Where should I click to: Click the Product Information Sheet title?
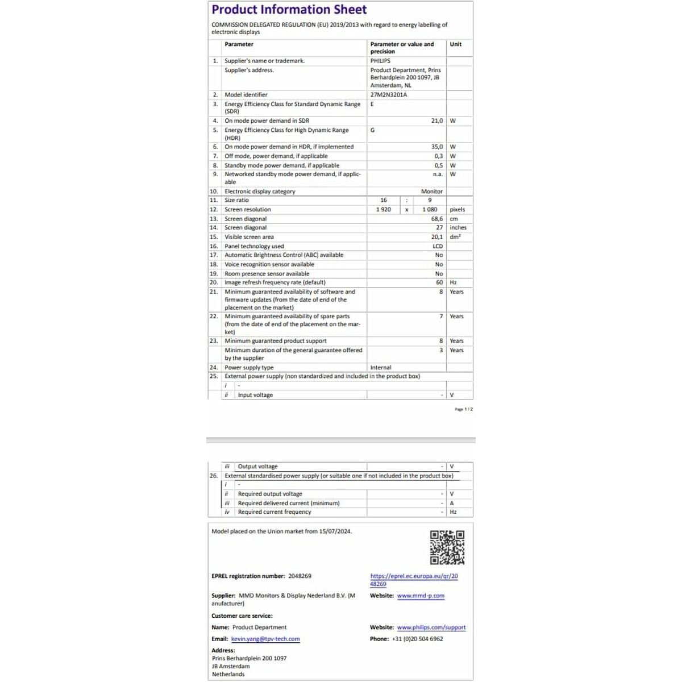289,10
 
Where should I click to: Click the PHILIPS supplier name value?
380,61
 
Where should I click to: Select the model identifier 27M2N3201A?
388,95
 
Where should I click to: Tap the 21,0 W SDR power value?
436,120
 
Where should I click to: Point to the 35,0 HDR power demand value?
436,147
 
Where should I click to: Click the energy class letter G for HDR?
372,130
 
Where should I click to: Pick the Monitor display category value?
431,192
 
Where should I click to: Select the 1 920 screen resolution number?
384,210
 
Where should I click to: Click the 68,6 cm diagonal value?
436,219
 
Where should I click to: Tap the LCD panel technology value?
437,246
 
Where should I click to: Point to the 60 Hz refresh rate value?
439,282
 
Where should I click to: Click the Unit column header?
455,44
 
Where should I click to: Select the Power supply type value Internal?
380,368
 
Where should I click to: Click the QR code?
447,547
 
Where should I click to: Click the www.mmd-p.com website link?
421,596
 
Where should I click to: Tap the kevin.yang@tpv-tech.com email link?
265,639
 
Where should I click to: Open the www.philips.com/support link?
431,627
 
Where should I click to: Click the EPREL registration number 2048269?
300,576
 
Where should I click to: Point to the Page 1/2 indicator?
463,409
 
